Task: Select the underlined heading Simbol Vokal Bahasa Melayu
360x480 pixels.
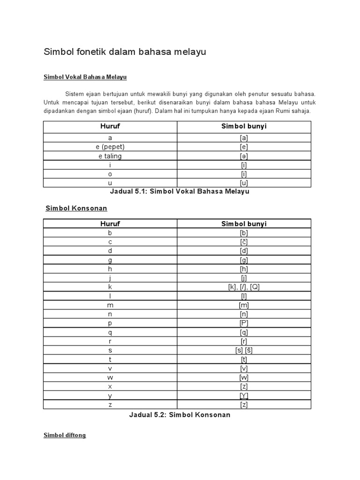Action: coord(85,77)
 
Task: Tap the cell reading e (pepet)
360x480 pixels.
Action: coord(110,147)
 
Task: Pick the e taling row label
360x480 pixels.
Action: coord(110,156)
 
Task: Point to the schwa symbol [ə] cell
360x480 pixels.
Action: coord(244,156)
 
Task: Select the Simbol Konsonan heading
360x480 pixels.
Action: coord(76,208)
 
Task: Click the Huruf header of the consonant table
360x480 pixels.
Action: coord(110,224)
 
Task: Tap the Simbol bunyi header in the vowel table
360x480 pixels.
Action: coord(244,127)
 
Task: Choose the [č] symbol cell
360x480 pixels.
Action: coord(244,242)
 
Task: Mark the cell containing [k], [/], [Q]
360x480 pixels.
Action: coord(244,287)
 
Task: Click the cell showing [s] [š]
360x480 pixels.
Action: coord(244,350)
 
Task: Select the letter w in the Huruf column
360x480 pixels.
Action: coord(110,377)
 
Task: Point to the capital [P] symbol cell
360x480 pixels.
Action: coord(244,323)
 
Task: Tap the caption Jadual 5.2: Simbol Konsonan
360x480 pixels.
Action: coord(180,415)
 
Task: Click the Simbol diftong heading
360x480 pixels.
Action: coord(65,435)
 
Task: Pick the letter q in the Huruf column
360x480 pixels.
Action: coord(110,332)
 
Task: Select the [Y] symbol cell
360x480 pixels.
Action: coord(244,395)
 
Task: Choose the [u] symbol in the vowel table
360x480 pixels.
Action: coord(244,183)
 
